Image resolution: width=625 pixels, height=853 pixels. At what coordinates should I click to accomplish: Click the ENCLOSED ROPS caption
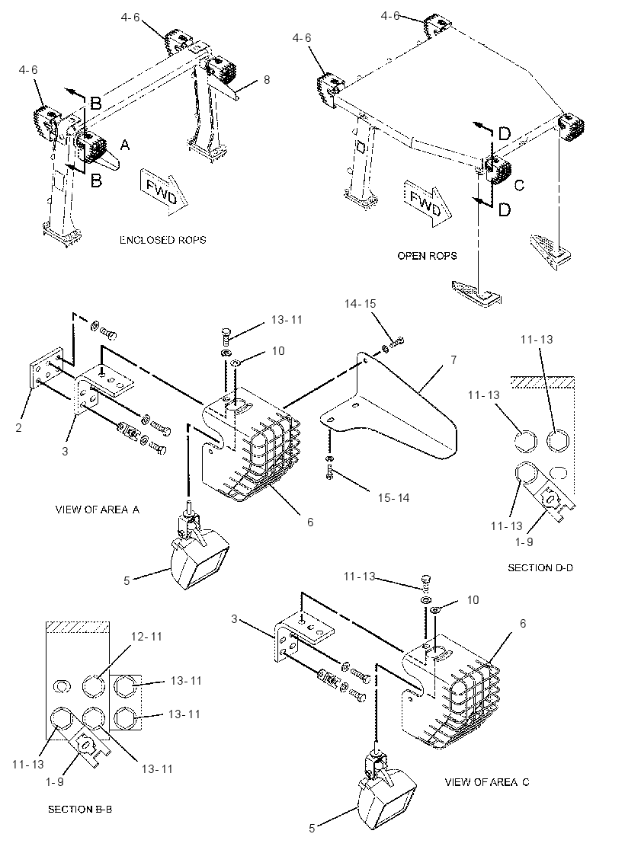click(x=163, y=240)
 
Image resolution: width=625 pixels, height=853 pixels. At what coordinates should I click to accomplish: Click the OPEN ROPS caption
click(x=427, y=256)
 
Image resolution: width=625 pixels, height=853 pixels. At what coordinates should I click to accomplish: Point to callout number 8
click(x=267, y=79)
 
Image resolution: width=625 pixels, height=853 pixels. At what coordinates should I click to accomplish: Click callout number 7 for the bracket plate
click(x=454, y=359)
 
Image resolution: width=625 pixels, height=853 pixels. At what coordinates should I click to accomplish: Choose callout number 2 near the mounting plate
click(x=18, y=427)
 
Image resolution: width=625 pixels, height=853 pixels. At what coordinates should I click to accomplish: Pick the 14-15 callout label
click(x=360, y=304)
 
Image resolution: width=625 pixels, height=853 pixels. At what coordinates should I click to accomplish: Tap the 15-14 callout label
click(x=394, y=497)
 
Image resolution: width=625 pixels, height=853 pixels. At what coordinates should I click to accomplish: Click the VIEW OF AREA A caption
click(x=98, y=510)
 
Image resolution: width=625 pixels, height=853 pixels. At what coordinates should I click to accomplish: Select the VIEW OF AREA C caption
click(x=487, y=781)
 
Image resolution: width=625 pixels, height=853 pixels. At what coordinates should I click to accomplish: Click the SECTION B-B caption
click(x=80, y=809)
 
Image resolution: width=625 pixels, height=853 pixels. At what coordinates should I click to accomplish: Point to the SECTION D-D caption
click(x=540, y=567)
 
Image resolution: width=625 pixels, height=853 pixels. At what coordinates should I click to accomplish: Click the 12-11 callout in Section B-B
click(x=147, y=636)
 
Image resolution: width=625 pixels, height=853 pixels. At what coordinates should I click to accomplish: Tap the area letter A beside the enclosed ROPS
click(x=125, y=145)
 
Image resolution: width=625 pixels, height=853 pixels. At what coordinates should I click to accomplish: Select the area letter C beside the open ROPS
click(x=519, y=185)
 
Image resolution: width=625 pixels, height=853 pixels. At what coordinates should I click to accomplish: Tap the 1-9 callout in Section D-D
click(x=524, y=542)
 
